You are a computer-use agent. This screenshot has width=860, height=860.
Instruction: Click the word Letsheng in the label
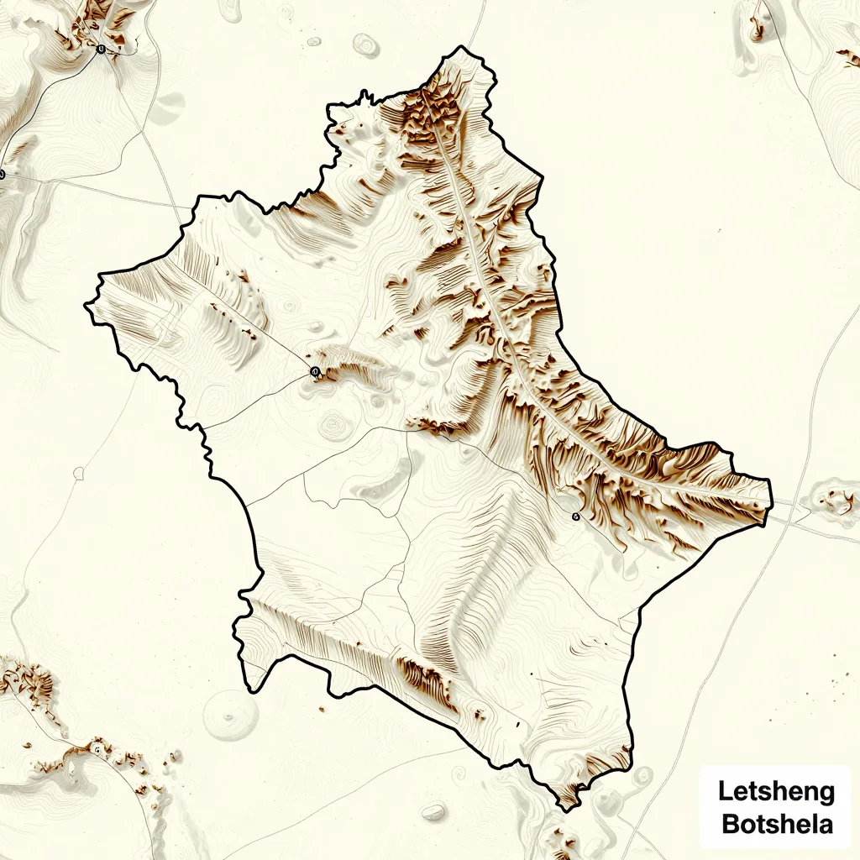pyautogui.click(x=776, y=791)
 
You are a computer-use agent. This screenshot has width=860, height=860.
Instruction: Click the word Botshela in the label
pyautogui.click(x=776, y=823)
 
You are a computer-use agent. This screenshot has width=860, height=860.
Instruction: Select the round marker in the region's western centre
pyautogui.click(x=315, y=371)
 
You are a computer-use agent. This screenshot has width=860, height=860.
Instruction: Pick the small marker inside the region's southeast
pyautogui.click(x=575, y=517)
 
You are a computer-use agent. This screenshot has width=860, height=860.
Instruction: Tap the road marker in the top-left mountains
pyautogui.click(x=101, y=49)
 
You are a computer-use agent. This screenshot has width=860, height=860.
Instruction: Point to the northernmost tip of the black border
pyautogui.click(x=460, y=48)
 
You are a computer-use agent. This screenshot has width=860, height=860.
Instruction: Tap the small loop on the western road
pyautogui.click(x=79, y=474)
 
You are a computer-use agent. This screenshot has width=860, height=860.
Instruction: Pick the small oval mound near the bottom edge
pyautogui.click(x=433, y=811)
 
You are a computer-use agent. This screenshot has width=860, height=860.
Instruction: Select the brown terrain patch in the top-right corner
pyautogui.click(x=847, y=57)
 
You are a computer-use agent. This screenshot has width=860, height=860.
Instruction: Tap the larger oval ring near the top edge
pyautogui.click(x=366, y=45)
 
